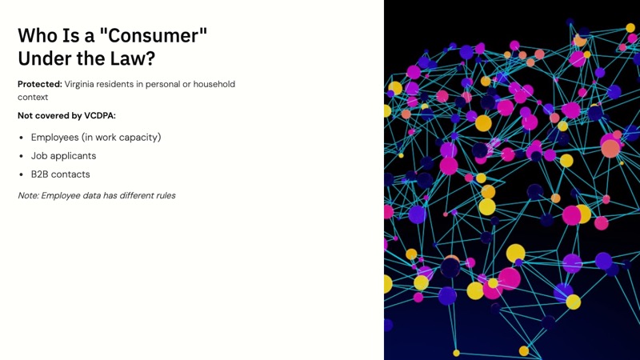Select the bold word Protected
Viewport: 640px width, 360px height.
[x=39, y=84]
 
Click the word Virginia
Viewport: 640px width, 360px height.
[x=84, y=84]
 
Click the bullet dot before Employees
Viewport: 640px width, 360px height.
[x=21, y=138]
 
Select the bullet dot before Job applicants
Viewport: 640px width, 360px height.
[x=21, y=156]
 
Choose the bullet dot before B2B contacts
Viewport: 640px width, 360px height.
[x=21, y=174]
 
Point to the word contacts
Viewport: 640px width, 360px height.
[x=70, y=174]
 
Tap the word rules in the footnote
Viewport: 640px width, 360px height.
[x=163, y=195]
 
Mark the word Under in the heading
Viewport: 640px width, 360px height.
[x=45, y=58]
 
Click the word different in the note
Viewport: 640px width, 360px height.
[x=128, y=195]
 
